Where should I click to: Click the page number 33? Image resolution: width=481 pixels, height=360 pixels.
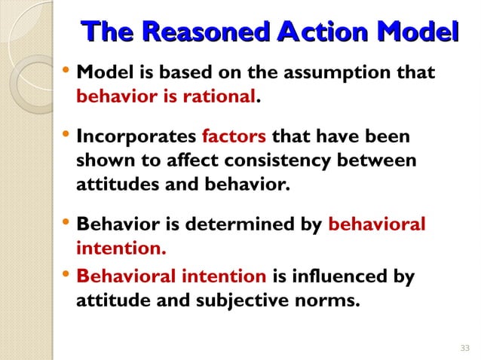[464, 346]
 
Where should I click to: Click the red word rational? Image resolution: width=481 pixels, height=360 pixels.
[227, 97]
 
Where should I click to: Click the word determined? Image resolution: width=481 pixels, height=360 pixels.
[232, 224]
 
